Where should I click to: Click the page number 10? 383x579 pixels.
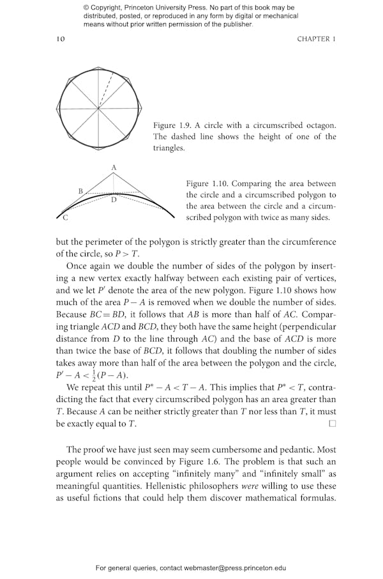click(61, 39)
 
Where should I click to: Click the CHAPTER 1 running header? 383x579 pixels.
click(316, 39)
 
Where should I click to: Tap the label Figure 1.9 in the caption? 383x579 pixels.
click(170, 125)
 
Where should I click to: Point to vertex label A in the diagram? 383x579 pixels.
click(114, 167)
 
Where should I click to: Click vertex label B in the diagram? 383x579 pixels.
click(80, 190)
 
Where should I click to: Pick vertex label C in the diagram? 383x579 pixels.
click(65, 219)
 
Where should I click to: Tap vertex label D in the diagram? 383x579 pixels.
click(114, 200)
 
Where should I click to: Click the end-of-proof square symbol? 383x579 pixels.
click(331, 424)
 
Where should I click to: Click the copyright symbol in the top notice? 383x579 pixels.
click(86, 8)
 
